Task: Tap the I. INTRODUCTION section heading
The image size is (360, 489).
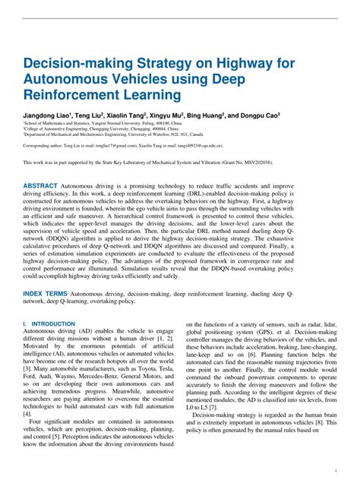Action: pyautogui.click(x=49, y=323)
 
